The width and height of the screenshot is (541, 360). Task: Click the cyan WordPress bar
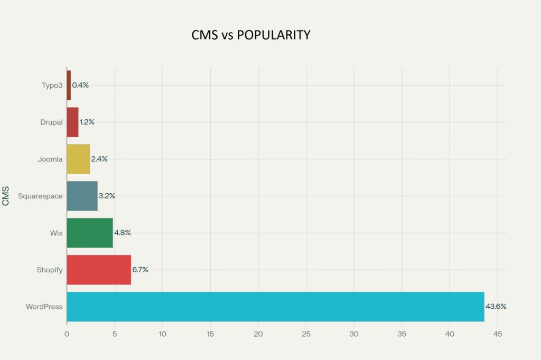(x=275, y=307)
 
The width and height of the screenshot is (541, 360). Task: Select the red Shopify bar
(x=99, y=270)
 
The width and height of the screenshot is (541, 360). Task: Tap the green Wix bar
(x=90, y=233)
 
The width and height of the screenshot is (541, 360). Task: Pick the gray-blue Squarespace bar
(x=82, y=196)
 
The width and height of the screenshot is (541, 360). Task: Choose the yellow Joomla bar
(x=78, y=159)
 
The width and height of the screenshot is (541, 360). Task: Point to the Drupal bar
(x=72, y=122)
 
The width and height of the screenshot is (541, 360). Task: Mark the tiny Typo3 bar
(x=69, y=85)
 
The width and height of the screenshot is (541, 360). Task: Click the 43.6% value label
(x=496, y=307)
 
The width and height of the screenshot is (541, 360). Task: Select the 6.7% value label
(x=140, y=270)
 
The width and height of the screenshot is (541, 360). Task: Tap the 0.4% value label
(x=80, y=85)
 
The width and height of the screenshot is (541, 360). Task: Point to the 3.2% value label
(x=107, y=196)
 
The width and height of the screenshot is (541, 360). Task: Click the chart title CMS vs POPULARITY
(x=250, y=35)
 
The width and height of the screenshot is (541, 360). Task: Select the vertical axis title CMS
(x=6, y=196)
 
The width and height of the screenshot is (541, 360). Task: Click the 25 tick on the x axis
(x=306, y=334)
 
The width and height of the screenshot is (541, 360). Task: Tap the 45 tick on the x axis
(x=497, y=334)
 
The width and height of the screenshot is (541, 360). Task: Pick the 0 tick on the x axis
(x=67, y=334)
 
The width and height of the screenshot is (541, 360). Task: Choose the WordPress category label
(x=44, y=307)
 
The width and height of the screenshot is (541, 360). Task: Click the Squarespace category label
(x=40, y=196)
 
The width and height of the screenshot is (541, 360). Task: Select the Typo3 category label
(x=52, y=85)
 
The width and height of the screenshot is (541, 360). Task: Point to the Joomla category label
(x=50, y=159)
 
